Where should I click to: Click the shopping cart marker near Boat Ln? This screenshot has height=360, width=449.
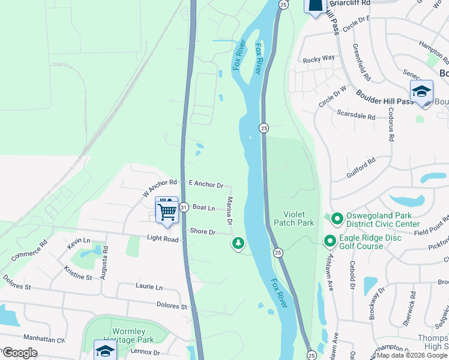pos(167,209)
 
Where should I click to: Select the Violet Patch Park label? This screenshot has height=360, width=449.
pos(294,218)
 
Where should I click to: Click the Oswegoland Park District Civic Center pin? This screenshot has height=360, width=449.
pos(337,218)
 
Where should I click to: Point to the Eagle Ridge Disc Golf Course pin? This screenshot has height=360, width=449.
pos(330,241)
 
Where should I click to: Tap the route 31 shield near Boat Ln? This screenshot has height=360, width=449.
pos(184,207)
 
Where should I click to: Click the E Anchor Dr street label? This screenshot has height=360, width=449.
pos(206,185)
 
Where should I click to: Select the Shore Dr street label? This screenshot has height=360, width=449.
pos(202,231)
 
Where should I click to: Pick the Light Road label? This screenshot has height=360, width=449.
pos(163,239)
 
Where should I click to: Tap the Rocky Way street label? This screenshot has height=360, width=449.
pos(319,59)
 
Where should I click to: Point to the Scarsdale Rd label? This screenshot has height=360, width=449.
pos(356,113)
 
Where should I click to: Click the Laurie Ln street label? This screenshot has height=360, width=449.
pos(149,287)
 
